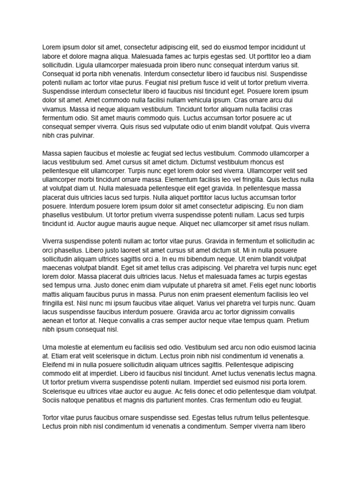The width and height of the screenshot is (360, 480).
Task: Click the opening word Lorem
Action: tap(52, 47)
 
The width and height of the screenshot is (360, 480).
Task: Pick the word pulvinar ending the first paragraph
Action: tap(81, 135)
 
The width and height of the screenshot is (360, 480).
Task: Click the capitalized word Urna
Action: tap(50, 347)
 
